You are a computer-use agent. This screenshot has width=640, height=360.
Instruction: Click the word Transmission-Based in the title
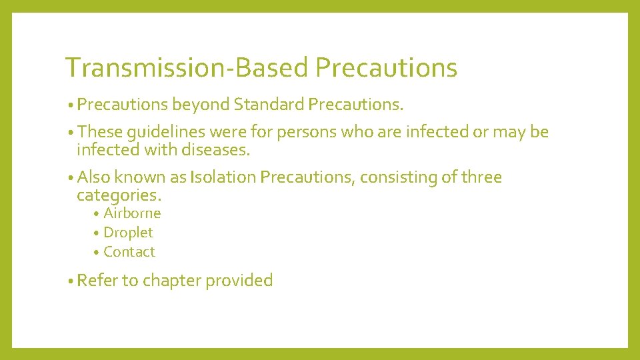click(x=187, y=68)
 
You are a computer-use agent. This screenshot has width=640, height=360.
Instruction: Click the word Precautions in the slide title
click(x=387, y=68)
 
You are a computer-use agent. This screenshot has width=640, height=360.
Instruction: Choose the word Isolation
click(x=223, y=178)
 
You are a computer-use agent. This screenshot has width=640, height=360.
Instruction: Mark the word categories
click(x=119, y=195)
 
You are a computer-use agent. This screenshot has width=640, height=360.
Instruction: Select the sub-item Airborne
click(x=132, y=213)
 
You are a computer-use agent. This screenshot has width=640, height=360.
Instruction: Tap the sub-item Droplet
click(x=128, y=233)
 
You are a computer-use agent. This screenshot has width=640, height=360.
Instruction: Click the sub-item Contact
click(x=129, y=252)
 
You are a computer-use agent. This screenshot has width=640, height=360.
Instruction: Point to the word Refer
click(x=97, y=281)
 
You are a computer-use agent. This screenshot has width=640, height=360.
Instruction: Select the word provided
click(x=239, y=281)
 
